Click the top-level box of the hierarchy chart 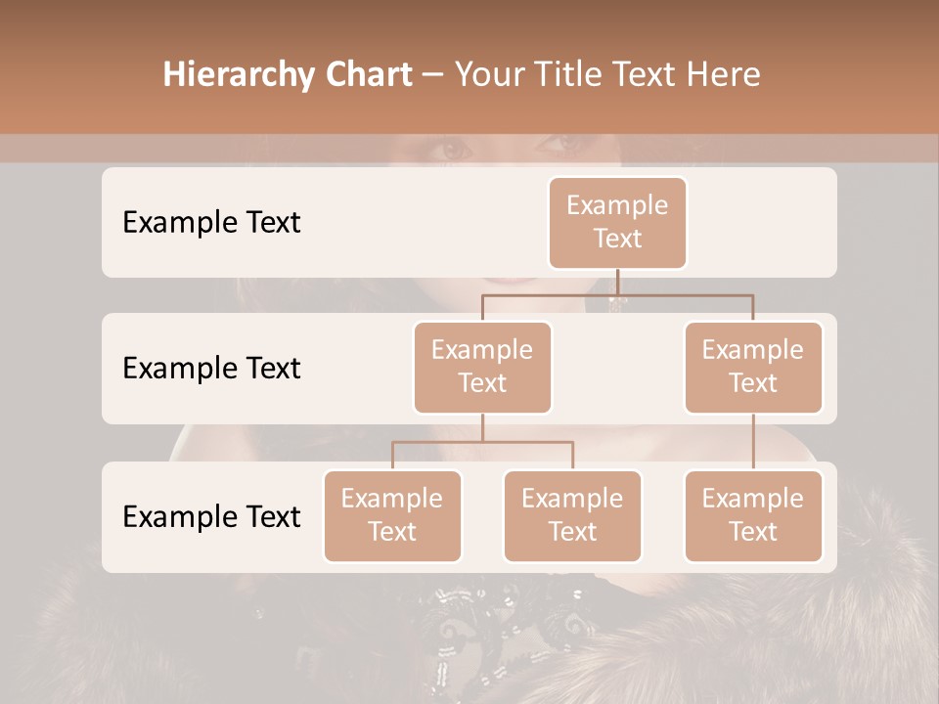pos(617,222)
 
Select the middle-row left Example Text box pos(482,367)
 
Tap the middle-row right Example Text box pos(753,367)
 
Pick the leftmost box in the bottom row pos(392,515)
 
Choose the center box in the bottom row pos(572,515)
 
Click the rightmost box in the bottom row pos(753,515)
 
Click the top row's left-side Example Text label pos(211,222)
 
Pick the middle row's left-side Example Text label pos(211,368)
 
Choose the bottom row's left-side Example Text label pos(211,516)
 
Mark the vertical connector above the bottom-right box pos(753,442)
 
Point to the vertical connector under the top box pos(617,282)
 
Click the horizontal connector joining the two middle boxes pos(617,294)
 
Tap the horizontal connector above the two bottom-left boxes pos(482,442)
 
